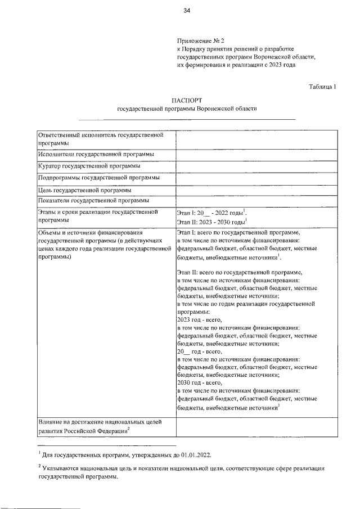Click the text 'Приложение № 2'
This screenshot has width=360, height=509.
tap(200, 41)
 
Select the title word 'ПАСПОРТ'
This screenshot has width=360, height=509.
tap(187, 100)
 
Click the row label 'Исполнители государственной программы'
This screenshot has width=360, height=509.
tap(96, 154)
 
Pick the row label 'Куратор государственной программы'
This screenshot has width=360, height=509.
tap(89, 166)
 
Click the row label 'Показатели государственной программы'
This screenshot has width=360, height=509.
tap(93, 200)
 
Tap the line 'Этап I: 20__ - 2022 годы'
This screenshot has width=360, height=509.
tap(211, 213)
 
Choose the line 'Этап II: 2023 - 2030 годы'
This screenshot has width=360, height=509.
tap(211, 223)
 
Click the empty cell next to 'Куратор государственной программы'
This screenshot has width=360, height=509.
tap(256, 166)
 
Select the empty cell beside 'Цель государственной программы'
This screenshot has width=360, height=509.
tap(256, 190)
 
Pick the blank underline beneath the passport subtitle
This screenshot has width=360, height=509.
tap(187, 119)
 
